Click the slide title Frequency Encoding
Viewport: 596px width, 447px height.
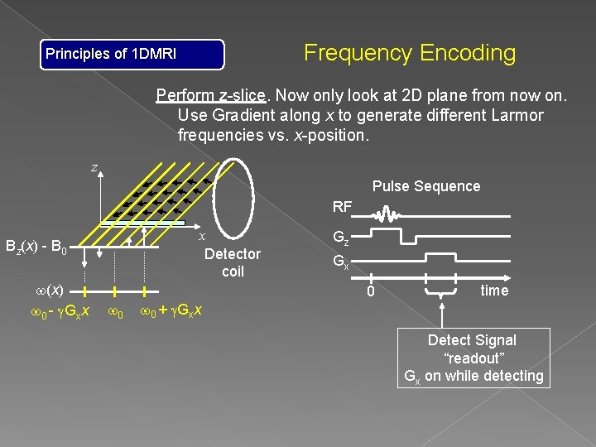pos(409,54)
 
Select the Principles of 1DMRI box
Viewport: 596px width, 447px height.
pos(133,55)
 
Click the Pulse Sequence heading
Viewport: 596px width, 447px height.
pos(425,186)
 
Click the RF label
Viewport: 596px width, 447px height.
pos(342,206)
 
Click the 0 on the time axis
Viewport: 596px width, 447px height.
pos(372,292)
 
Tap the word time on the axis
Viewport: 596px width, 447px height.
pos(494,291)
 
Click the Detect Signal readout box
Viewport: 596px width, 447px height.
pos(473,358)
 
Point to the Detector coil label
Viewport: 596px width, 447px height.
pos(232,262)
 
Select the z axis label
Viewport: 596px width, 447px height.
pos(94,168)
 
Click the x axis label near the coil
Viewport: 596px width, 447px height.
pos(201,236)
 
